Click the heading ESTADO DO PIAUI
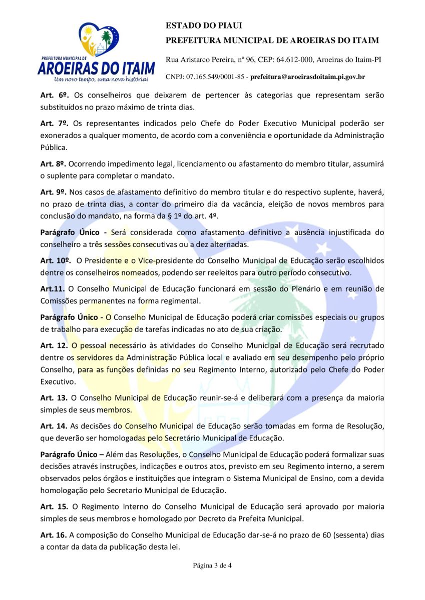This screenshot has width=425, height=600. coord(197,25)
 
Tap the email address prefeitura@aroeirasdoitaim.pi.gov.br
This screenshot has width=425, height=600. coord(307,77)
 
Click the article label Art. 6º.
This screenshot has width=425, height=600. coord(53,95)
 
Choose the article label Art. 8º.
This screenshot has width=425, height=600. coord(53,163)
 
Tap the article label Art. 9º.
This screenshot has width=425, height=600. coord(53,192)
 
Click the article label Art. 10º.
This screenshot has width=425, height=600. coord(55,260)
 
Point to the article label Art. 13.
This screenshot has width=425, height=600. coord(54,398)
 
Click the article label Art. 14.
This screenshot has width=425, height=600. coord(54,426)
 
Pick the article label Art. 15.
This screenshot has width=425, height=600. coord(54,506)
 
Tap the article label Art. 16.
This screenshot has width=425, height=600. coord(54,535)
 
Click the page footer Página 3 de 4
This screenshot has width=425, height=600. coord(212,566)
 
